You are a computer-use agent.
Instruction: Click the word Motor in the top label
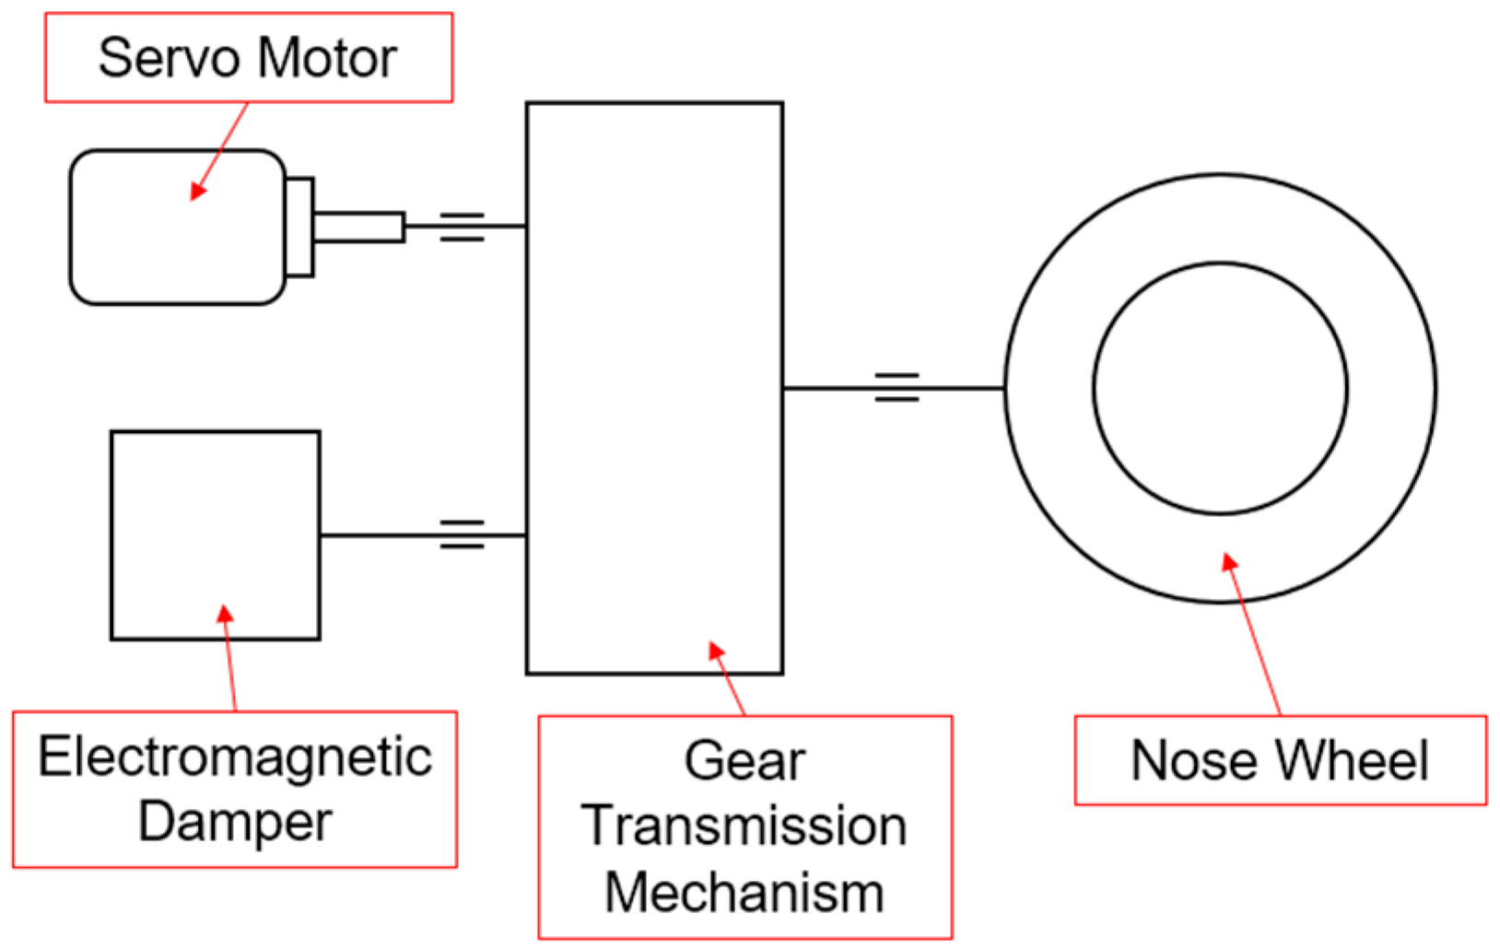point(327,58)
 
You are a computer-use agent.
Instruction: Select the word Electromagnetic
point(235,757)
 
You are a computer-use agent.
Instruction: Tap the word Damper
point(235,821)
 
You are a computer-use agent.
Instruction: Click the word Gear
point(744,761)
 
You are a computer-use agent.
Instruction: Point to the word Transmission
point(744,826)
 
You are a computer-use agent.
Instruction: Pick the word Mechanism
point(744,893)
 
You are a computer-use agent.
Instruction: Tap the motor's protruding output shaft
point(358,227)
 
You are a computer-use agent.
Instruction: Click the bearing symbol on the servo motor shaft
point(462,227)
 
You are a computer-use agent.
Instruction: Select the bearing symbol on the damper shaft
point(462,534)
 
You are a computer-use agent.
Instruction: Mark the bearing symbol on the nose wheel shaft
point(896,388)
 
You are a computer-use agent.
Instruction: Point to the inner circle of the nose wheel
point(1220,388)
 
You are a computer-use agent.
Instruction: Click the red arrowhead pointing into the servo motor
point(197,191)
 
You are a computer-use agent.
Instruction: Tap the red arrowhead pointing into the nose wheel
point(1229,561)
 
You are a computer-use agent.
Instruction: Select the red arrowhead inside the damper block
point(225,614)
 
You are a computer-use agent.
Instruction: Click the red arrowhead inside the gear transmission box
point(716,650)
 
